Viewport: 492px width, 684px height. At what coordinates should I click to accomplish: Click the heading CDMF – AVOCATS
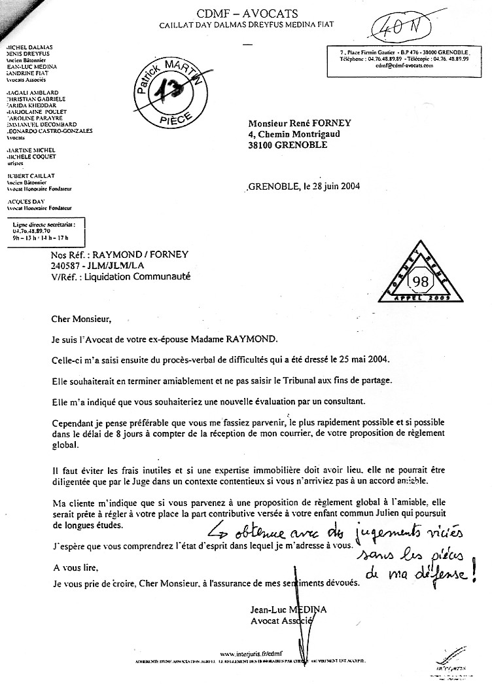[246, 14]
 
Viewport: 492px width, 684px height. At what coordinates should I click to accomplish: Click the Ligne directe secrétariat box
[44, 231]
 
